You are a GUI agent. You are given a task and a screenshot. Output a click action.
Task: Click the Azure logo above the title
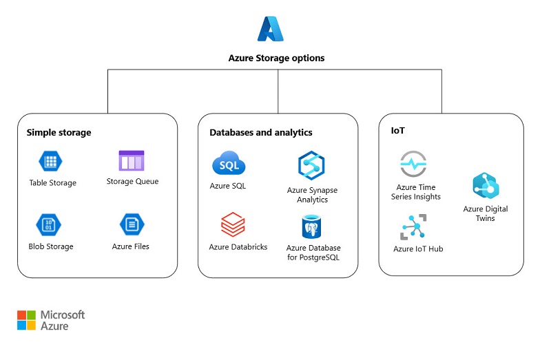coord(271,30)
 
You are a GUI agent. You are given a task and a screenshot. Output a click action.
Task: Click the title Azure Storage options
coord(276,59)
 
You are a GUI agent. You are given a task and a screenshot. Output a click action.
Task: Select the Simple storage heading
coord(59,132)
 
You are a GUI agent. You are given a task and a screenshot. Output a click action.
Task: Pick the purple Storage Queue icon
coord(132,161)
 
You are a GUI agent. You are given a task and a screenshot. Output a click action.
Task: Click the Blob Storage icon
coord(50,225)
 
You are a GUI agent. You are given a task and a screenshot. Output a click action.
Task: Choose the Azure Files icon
coord(131,225)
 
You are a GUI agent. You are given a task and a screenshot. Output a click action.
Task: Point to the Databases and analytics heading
coord(260,132)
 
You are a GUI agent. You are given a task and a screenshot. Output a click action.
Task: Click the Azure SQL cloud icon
coord(228,165)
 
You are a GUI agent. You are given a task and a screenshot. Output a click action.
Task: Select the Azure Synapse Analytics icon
coord(311,166)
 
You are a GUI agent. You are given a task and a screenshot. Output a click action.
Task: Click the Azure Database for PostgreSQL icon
coord(313,226)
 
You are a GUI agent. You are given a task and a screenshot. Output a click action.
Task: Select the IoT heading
coord(397,129)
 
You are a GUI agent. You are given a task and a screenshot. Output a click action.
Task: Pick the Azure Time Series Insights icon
coord(413,164)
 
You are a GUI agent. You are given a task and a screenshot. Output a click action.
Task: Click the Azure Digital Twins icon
coord(486,187)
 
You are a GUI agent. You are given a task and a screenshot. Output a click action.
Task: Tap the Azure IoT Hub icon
coord(413,227)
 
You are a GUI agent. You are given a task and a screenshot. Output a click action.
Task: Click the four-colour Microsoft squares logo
coord(26,320)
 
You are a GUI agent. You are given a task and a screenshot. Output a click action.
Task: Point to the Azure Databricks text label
coord(238,247)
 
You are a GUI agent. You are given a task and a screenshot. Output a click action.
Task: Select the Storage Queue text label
coord(132,182)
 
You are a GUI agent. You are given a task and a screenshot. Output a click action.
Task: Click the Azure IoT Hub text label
coord(418,249)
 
